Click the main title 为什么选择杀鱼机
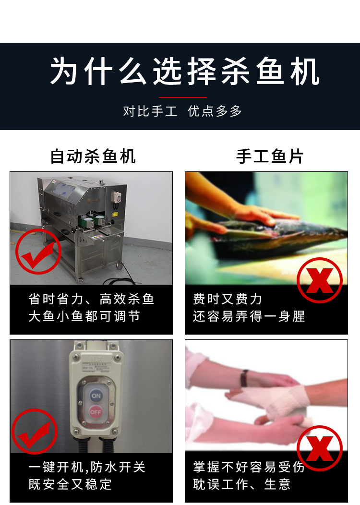[185, 72]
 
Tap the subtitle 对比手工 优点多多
[182, 111]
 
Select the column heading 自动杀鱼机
[93, 156]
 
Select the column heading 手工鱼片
[270, 156]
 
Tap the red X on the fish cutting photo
[319, 280]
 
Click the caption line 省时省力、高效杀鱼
[91, 300]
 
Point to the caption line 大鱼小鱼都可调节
[84, 317]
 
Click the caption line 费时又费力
[228, 300]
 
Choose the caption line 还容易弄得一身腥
[249, 317]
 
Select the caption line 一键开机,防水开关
[87, 468]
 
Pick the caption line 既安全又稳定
[70, 484]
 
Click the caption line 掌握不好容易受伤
[249, 468]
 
